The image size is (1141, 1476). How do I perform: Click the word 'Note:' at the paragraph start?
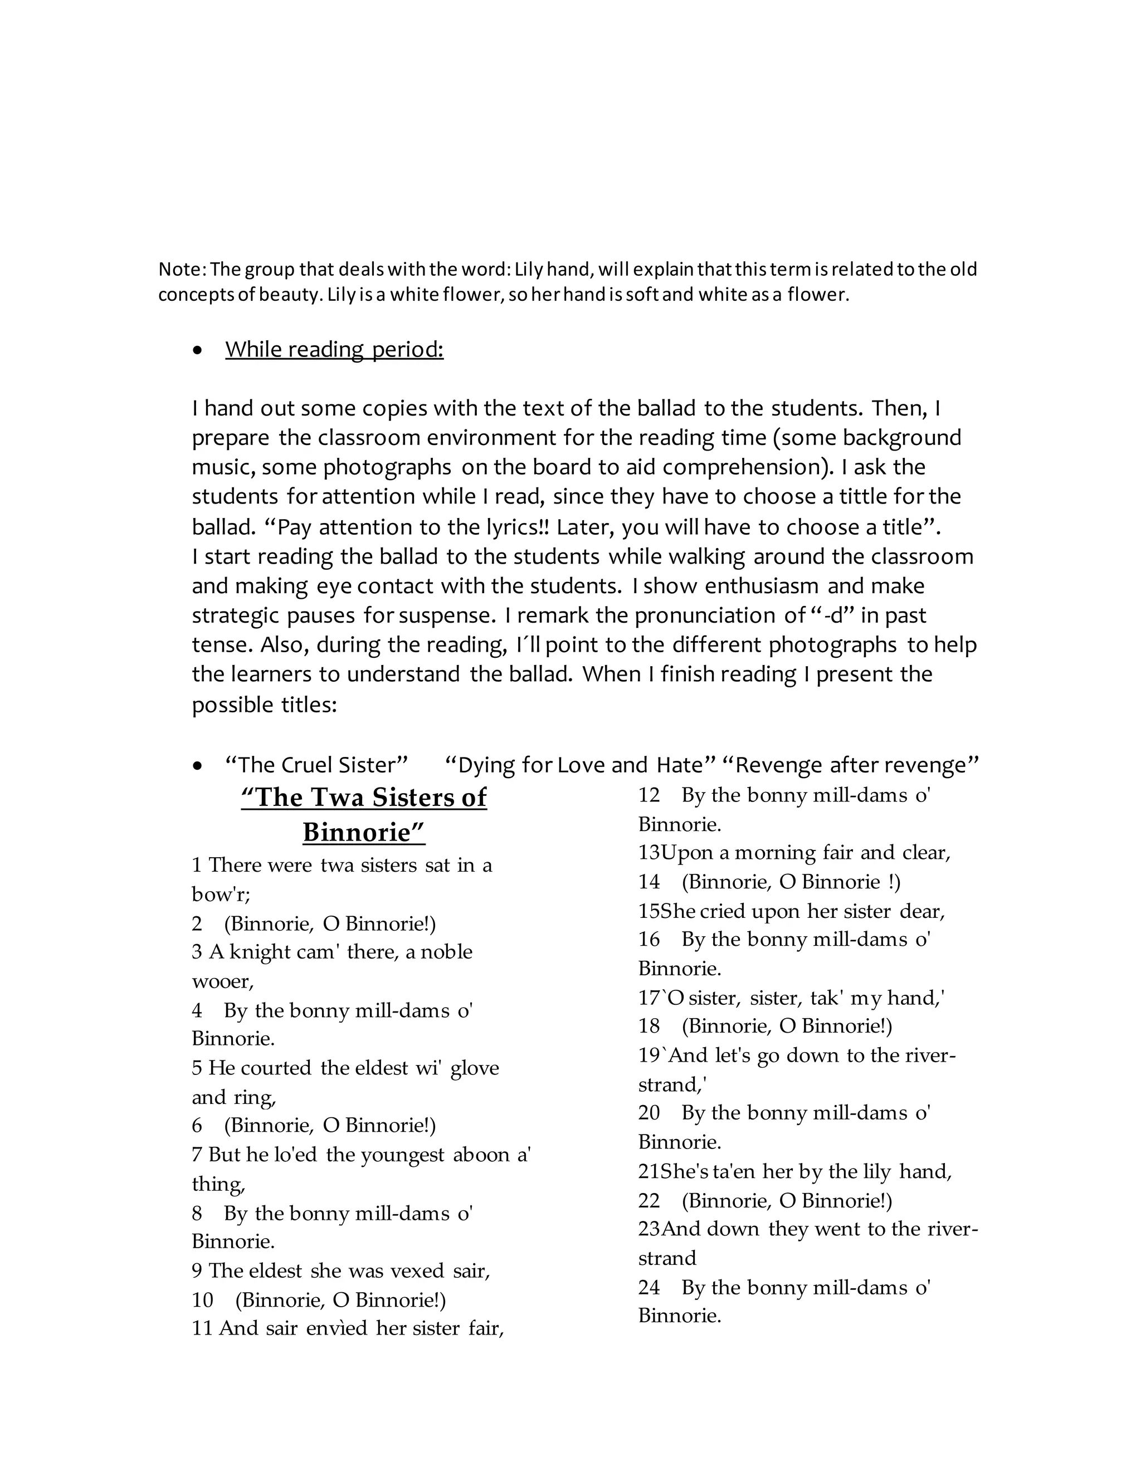[182, 270]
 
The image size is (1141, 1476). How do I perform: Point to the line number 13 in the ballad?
[649, 853]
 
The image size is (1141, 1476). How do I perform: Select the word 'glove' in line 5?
[475, 1068]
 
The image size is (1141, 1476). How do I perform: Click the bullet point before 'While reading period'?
[197, 351]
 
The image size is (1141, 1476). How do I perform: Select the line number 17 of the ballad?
[649, 998]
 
